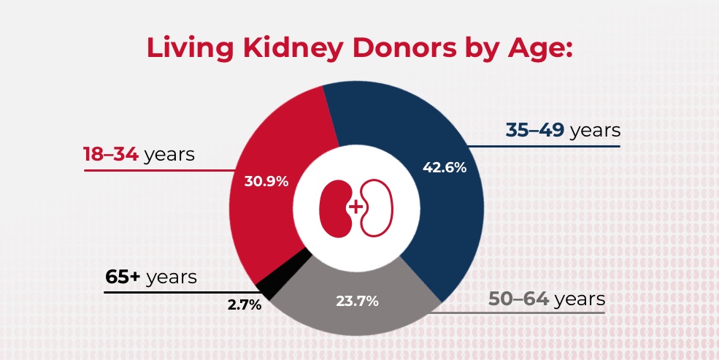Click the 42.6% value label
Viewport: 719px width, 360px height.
pos(445,167)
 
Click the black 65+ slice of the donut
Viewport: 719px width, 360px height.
pos(266,286)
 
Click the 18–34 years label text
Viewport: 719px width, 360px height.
pos(139,155)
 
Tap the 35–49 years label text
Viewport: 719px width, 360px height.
pos(562,131)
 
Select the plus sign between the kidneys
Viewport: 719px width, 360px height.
pos(356,207)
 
